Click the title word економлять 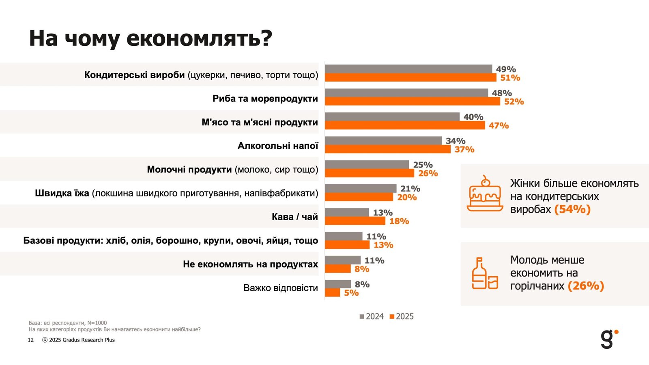pyautogui.click(x=199, y=39)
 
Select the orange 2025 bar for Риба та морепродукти pyautogui.click(x=412, y=101)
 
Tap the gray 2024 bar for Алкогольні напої pyautogui.click(x=383, y=141)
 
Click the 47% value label pyautogui.click(x=499, y=126)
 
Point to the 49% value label pyautogui.click(x=506, y=69)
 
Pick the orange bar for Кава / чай pyautogui.click(x=355, y=221)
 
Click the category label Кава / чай pyautogui.click(x=294, y=217)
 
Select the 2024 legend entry pyautogui.click(x=372, y=317)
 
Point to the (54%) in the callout pyautogui.click(x=572, y=210)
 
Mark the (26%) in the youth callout pyautogui.click(x=586, y=286)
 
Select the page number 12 pyautogui.click(x=31, y=340)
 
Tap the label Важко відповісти pyautogui.click(x=280, y=288)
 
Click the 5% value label pyautogui.click(x=351, y=293)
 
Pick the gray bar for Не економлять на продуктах pyautogui.click(x=342, y=260)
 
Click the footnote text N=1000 pyautogui.click(x=97, y=323)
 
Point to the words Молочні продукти pyautogui.click(x=189, y=170)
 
